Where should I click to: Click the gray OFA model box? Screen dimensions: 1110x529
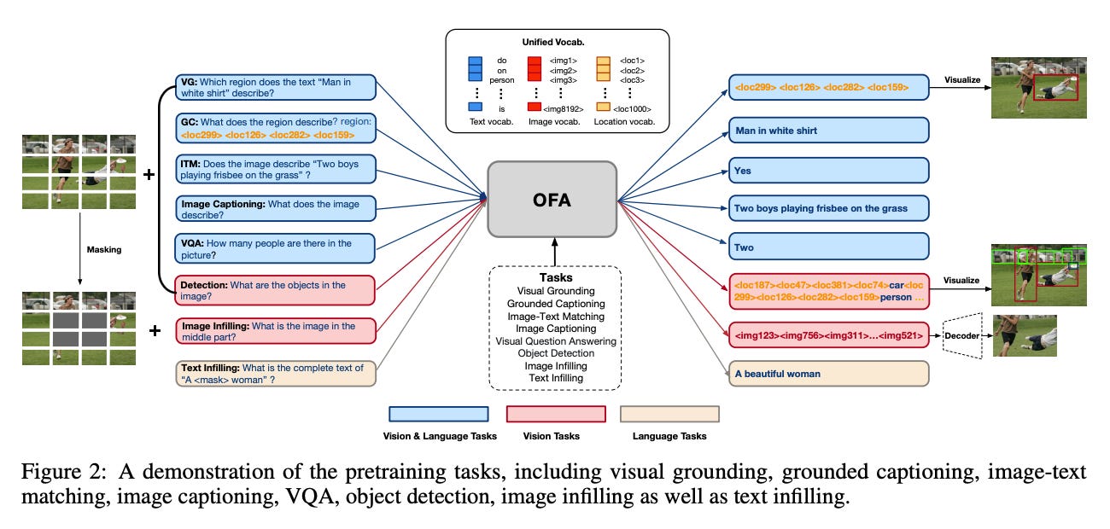coord(552,199)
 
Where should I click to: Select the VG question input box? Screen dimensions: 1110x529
coord(276,88)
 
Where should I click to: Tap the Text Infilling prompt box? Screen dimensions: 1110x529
coord(276,374)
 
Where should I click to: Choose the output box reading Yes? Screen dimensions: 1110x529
coord(828,171)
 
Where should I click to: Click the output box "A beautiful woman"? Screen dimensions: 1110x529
coord(828,374)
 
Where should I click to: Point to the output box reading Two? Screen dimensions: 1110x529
coord(828,247)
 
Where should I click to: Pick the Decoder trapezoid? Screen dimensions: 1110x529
coord(961,335)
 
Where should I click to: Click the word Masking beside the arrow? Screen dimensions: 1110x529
coord(104,250)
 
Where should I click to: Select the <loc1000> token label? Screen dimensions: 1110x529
coord(633,109)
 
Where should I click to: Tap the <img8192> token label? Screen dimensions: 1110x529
coord(563,109)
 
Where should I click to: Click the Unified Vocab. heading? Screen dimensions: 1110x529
coord(553,42)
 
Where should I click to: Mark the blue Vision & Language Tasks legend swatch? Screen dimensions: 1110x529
coord(439,414)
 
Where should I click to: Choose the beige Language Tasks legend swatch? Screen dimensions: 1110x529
coord(669,414)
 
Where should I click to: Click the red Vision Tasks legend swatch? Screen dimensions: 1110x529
coord(556,414)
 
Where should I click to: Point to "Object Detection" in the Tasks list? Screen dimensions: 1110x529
coord(556,353)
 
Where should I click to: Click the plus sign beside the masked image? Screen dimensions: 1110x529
coord(155,330)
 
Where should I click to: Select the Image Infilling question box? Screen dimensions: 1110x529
coord(276,331)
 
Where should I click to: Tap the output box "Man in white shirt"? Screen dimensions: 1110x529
coord(828,131)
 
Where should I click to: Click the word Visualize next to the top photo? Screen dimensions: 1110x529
coord(962,79)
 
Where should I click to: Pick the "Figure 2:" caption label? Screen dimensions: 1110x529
coord(63,471)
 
